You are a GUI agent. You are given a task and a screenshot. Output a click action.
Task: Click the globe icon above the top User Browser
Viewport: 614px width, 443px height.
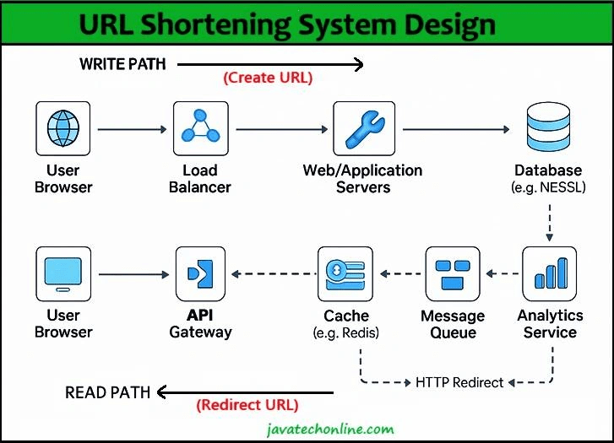[62, 129]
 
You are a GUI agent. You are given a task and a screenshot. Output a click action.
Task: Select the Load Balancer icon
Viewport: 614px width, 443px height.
[200, 129]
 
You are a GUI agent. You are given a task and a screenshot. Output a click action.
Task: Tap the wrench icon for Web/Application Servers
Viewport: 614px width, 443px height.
[363, 129]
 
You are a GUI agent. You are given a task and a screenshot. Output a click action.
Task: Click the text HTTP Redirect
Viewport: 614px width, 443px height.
[459, 382]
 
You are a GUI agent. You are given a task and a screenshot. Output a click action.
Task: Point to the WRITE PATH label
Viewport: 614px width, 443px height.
[122, 64]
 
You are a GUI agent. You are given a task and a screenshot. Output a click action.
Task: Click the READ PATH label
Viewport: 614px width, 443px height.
[108, 392]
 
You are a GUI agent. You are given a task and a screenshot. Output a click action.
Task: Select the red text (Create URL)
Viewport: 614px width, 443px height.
[268, 78]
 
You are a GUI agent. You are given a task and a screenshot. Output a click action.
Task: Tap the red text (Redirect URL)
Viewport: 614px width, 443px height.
[247, 405]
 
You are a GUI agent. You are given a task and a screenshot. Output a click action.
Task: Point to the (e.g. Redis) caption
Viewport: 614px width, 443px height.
[346, 332]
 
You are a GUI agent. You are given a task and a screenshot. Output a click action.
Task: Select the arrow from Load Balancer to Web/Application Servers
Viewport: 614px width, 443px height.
[280, 129]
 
